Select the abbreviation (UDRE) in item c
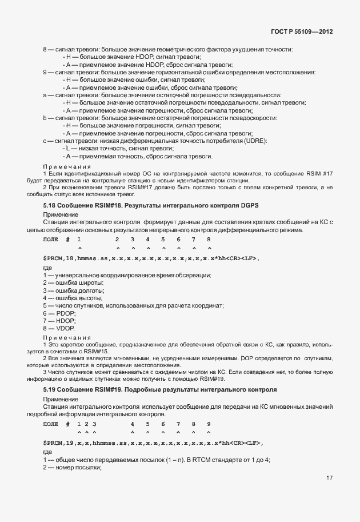(254, 141)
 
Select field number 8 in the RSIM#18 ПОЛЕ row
(209, 239)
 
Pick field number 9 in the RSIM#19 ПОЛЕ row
(209, 424)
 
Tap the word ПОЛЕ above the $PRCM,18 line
(51, 239)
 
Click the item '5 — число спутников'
(133, 306)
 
